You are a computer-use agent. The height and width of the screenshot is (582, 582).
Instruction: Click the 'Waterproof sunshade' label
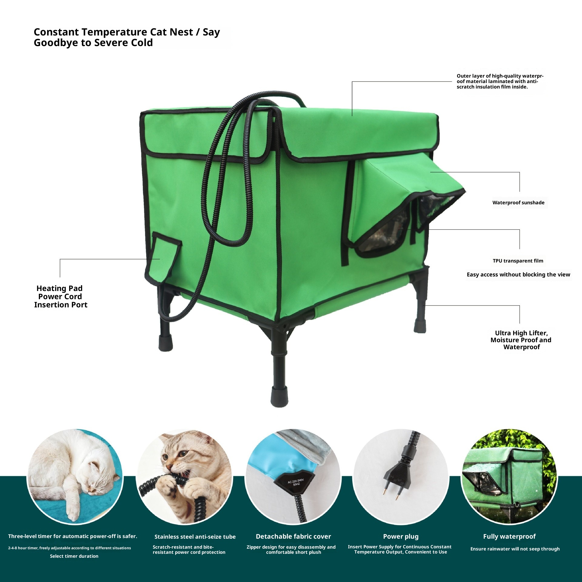pos(518,202)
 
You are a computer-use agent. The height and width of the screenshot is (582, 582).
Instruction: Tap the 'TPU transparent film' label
pos(518,261)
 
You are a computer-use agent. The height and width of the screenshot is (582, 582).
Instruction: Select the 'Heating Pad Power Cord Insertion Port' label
pos(60,296)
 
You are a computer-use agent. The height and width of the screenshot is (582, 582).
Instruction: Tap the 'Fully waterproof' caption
pos(509,536)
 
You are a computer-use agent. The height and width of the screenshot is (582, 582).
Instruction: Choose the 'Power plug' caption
pos(401,536)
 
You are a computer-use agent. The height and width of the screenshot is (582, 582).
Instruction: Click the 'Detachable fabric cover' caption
pos(293,536)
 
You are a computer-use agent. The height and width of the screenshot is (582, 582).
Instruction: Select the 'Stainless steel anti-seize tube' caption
pos(195,537)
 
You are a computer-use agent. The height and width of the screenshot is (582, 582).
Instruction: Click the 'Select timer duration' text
pos(74,556)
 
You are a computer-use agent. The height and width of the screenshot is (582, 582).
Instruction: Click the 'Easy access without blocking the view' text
pos(518,275)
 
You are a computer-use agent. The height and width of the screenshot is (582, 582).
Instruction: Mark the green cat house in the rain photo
pos(509,482)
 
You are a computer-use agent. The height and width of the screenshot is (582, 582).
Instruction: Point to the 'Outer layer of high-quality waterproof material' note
pos(500,81)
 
